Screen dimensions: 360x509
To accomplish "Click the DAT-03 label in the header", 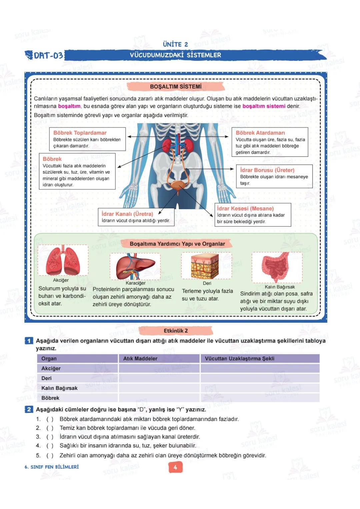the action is (48, 55).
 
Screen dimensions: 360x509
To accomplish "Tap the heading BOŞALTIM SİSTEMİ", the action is (176, 87).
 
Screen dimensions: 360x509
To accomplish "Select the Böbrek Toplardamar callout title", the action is (80, 133).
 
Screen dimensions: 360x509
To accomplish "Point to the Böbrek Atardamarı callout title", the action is (260, 133).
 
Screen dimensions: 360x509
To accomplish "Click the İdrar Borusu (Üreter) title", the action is (267, 170).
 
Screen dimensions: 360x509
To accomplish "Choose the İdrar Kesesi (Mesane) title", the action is (245, 209).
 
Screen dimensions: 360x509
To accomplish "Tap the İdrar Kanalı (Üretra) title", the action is (127, 214).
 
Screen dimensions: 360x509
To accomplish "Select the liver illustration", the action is (135, 266).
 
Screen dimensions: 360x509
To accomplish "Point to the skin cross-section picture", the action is (206, 266).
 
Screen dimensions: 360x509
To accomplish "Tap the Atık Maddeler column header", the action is (140, 358).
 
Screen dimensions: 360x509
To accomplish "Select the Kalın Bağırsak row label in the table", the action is (59, 388).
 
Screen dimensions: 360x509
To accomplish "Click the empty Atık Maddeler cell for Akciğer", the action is (159, 368).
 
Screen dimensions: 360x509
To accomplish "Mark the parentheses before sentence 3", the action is (50, 437).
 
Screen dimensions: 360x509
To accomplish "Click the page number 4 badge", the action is (175, 467).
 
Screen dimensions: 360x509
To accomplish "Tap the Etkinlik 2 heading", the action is (176, 331).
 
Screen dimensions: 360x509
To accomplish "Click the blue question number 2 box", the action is (29, 409).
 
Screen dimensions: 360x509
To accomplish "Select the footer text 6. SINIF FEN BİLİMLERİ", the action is (52, 467).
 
